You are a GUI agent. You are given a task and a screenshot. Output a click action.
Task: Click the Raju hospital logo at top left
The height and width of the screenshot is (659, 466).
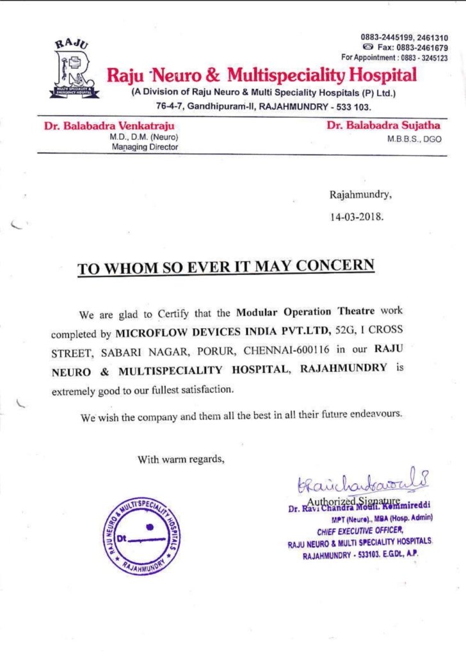[x=74, y=69]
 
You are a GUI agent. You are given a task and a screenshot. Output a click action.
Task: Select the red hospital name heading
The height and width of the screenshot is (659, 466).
[x=261, y=75]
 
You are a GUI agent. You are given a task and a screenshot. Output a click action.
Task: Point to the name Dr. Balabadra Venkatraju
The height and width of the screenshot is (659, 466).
[x=109, y=126]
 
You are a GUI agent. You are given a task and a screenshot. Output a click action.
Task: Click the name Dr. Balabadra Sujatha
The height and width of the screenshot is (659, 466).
[x=384, y=125]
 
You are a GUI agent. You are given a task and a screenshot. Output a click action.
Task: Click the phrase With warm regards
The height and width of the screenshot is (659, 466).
[x=181, y=459]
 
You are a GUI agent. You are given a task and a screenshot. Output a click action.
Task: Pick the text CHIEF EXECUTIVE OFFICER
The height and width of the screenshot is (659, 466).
[x=360, y=530]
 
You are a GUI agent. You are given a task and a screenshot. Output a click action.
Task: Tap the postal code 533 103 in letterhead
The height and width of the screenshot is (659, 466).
[x=352, y=107]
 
